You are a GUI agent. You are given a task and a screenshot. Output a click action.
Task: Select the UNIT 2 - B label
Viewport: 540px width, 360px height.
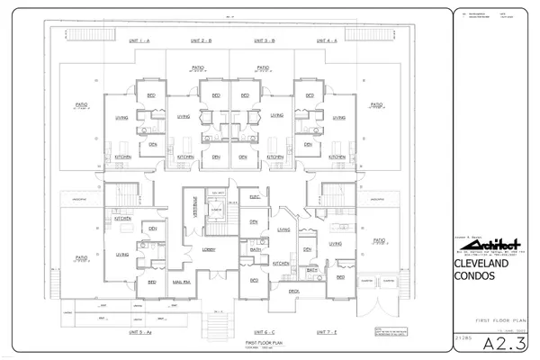pos(201,41)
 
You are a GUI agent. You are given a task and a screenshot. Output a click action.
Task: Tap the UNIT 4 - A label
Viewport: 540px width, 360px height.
pos(325,41)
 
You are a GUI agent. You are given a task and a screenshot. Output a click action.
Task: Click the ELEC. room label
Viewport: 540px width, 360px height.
pos(254,195)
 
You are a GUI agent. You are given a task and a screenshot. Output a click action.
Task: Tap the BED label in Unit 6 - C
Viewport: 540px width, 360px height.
pos(254,280)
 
